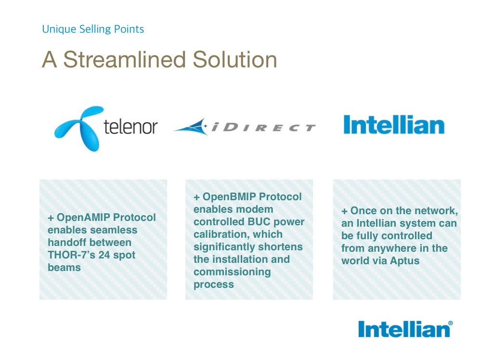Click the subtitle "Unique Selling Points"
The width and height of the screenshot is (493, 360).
coord(93,29)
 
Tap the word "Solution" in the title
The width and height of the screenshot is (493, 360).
coord(234,59)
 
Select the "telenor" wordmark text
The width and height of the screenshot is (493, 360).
coord(130,127)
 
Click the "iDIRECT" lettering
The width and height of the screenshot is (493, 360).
coord(263,128)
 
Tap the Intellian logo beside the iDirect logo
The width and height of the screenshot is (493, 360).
coord(394,125)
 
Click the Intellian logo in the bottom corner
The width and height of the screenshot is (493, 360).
coord(405,329)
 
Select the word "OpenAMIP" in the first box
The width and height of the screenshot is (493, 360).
coord(83,217)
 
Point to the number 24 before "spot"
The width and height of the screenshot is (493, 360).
coord(104,255)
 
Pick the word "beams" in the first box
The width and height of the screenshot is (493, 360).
coord(64,268)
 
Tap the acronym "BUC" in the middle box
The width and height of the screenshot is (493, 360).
coord(259,222)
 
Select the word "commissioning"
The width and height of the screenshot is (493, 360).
coord(232,272)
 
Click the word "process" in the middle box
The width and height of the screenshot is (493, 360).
coord(214,285)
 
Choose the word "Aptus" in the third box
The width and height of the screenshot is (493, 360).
coord(404,261)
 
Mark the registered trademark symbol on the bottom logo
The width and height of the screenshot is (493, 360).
coord(451,323)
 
